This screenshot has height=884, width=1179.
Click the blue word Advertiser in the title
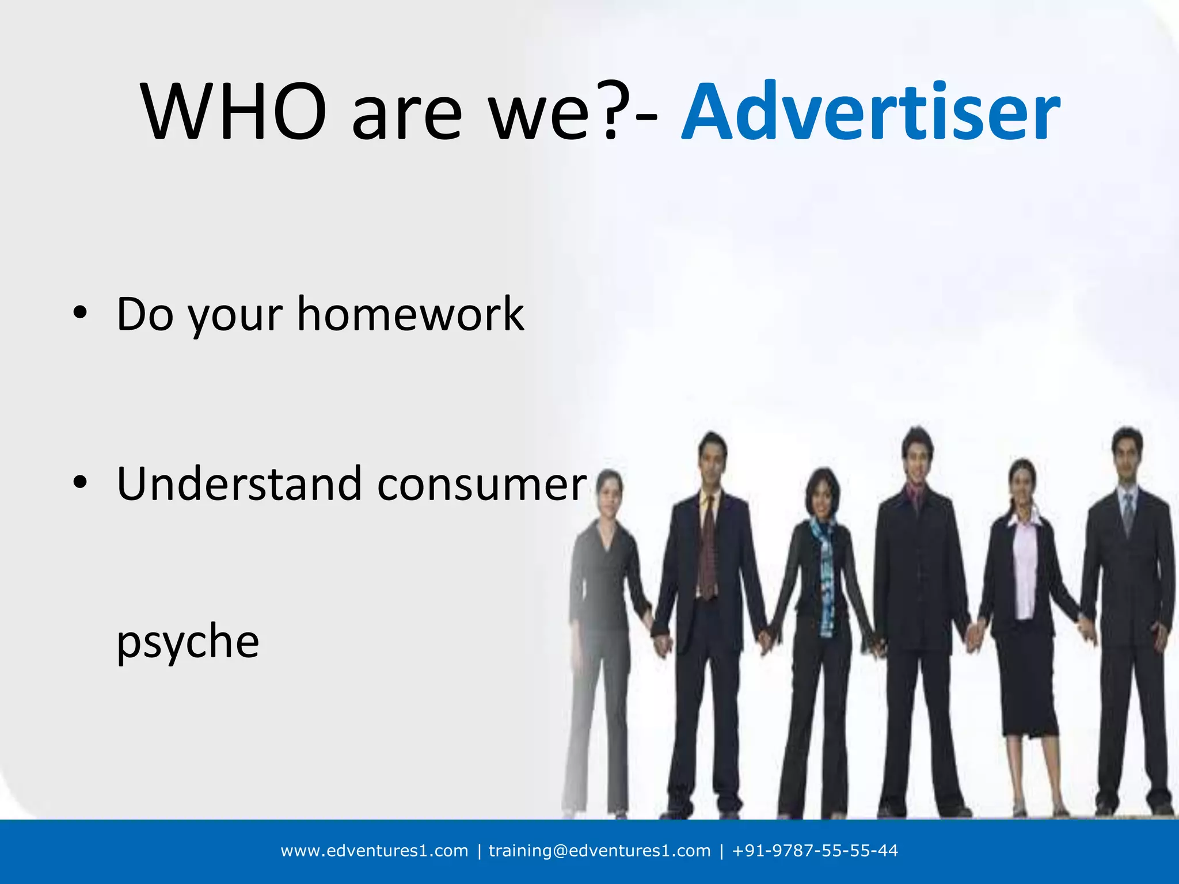pyautogui.click(x=870, y=112)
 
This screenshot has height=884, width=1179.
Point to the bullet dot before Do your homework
pyautogui.click(x=80, y=313)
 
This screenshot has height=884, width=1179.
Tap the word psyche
pyautogui.click(x=188, y=642)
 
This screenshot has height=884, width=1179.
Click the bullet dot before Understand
pyautogui.click(x=80, y=482)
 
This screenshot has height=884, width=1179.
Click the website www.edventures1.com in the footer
pyautogui.click(x=374, y=851)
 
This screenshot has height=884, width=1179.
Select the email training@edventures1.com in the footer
pyautogui.click(x=599, y=851)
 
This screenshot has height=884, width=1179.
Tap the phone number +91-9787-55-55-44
pyautogui.click(x=815, y=851)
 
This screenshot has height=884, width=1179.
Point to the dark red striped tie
pyautogui.click(x=708, y=547)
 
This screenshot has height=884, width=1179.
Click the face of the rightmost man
pyautogui.click(x=1127, y=458)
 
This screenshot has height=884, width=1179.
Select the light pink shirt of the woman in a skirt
pyautogui.click(x=1024, y=570)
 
